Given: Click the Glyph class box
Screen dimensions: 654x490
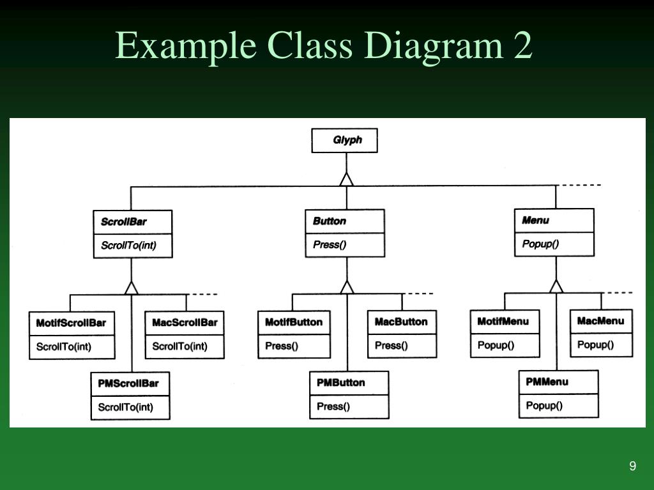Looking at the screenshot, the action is click(x=344, y=140).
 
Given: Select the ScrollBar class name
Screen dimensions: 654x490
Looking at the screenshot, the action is click(x=123, y=221).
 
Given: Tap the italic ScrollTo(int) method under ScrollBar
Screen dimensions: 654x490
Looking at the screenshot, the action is click(x=128, y=246).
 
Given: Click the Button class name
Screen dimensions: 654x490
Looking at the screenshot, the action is click(x=330, y=221).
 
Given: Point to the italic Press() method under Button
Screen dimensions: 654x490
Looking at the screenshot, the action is click(x=330, y=244).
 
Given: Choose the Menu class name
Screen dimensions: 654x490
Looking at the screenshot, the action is click(x=535, y=220).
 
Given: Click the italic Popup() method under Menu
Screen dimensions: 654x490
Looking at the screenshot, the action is click(x=540, y=244).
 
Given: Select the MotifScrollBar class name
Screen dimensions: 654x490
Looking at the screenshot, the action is click(x=71, y=323).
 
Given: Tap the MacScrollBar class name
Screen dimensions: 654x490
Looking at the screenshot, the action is click(x=185, y=322).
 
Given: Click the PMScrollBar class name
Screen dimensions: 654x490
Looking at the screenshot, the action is click(x=128, y=383).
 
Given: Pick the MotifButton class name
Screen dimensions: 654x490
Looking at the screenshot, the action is click(x=294, y=322).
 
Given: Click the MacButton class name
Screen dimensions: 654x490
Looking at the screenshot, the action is click(x=401, y=322).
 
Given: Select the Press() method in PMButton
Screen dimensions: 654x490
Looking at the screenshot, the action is click(x=333, y=406).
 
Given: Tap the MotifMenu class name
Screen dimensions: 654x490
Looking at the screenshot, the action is click(x=503, y=322).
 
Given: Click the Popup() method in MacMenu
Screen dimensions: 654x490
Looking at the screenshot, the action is click(x=595, y=345).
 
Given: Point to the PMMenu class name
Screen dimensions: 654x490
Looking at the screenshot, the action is click(x=547, y=382).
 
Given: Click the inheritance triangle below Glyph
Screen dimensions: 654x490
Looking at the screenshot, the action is click(x=346, y=179).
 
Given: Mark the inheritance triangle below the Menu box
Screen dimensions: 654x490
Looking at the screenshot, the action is click(x=556, y=286).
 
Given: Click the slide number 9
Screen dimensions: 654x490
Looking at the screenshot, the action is click(x=632, y=465).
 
